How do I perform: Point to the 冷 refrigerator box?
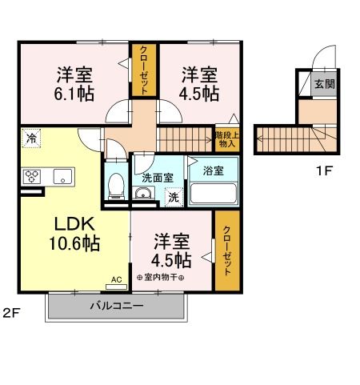point(30,137)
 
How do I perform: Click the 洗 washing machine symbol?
point(172,197)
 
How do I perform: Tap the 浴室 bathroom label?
point(213,170)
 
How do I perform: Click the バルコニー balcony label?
point(116,305)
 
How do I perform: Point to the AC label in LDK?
point(116,279)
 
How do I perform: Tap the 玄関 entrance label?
point(323,84)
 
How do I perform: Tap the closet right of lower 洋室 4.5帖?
point(226,251)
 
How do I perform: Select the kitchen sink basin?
point(62,176)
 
